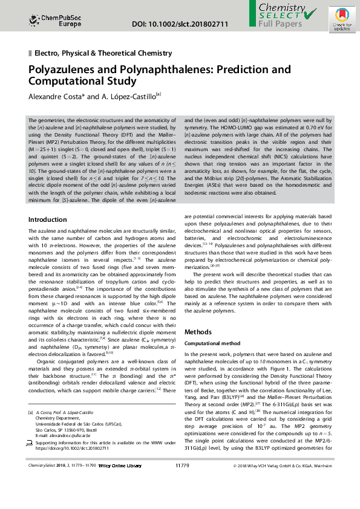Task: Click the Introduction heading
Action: click(x=48, y=219)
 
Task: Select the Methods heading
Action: click(x=198, y=332)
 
